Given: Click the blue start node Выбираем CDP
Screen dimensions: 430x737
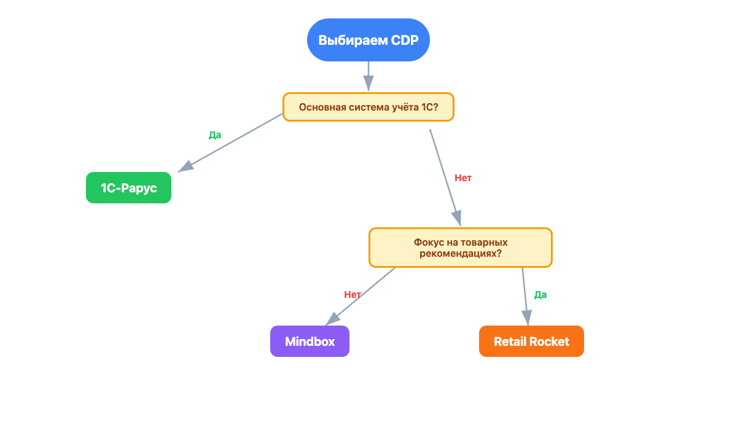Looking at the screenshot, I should tap(368, 40).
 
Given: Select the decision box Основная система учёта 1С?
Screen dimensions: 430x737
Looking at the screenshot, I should tap(368, 107).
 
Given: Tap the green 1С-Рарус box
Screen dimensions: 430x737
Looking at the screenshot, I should tap(128, 188).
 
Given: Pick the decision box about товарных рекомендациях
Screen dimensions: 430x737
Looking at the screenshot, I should tap(460, 248).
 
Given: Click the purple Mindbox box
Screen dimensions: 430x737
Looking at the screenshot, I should tap(310, 342).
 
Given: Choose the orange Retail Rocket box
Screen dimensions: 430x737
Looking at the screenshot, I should tap(531, 342).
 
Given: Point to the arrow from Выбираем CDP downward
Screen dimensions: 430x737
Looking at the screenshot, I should tap(368, 76).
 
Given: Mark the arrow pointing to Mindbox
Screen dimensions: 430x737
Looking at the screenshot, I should tap(361, 295).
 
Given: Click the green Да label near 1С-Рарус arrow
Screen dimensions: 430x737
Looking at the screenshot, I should tap(214, 135).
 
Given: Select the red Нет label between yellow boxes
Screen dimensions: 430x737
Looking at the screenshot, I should tap(463, 178).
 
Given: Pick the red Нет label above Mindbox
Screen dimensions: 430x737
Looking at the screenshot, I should tap(353, 294).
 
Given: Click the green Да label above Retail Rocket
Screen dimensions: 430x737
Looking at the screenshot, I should tap(540, 294).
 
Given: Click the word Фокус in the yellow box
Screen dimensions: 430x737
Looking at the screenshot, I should tap(429, 243).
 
